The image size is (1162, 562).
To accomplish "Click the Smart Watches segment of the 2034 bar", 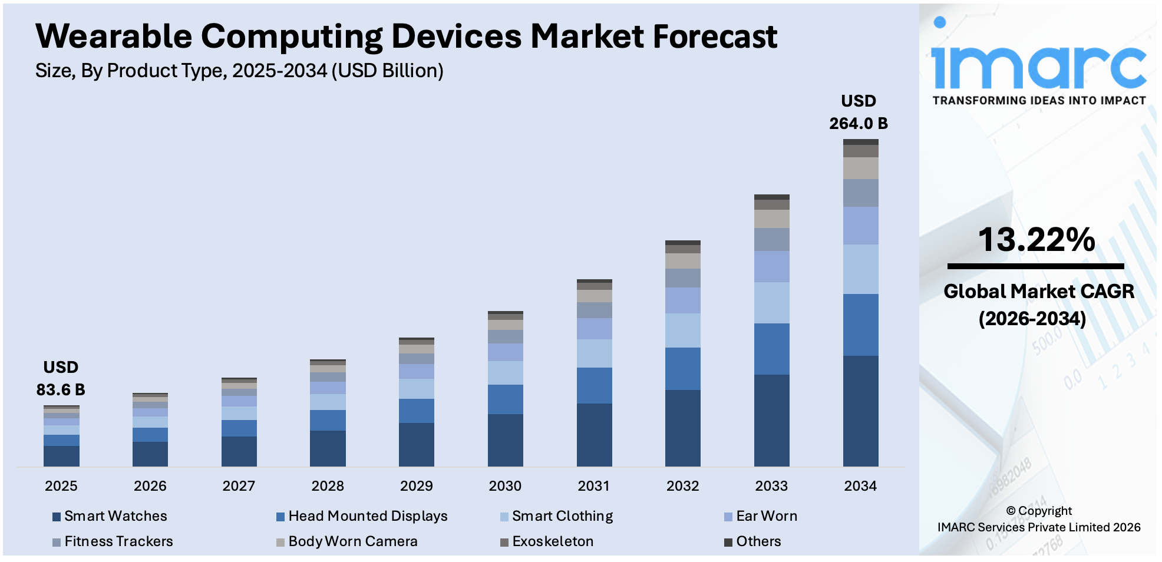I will coord(860,411).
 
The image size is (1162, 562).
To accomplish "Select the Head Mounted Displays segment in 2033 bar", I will coord(771,349).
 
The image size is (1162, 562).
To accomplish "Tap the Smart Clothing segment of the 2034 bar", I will coord(860,269).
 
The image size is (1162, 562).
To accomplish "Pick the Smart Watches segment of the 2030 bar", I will coord(505,440).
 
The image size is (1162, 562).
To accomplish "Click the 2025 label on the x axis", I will coord(61,486).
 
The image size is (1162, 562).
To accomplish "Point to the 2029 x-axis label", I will coord(416,486).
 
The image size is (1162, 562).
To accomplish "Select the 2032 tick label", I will coord(682,486).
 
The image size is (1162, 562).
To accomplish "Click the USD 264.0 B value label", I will coord(858,113).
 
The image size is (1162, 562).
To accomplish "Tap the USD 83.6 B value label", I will coord(61,379).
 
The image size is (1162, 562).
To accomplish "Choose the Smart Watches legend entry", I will coord(115,516).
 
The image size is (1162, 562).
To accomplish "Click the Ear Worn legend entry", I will coord(766,516).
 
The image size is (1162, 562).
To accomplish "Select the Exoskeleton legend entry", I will coord(552,541).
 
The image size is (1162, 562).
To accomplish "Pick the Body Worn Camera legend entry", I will coord(352,541).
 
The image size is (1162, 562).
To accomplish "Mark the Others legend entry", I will coord(758,541).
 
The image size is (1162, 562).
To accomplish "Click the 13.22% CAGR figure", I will coord(1036,240).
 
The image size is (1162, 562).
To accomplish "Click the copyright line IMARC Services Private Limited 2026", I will coord(1038,527).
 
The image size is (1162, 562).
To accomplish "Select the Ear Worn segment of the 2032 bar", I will coord(682,300).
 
